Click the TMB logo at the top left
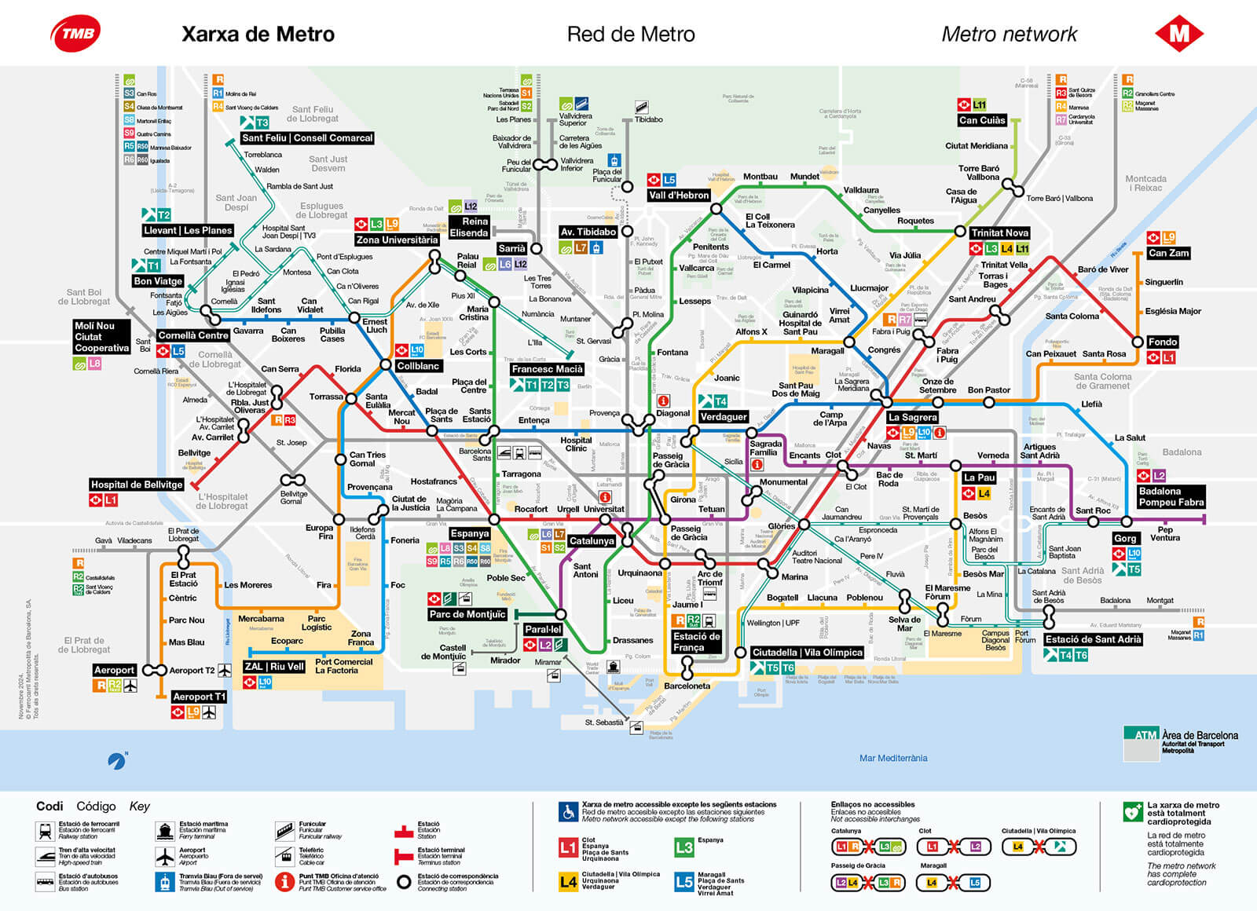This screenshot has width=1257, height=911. pyautogui.click(x=75, y=34)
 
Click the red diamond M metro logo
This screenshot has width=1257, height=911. pyautogui.click(x=1179, y=34)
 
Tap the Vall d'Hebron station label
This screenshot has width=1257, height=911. pyautogui.click(x=680, y=195)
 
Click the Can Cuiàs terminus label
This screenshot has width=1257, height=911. pyautogui.click(x=982, y=120)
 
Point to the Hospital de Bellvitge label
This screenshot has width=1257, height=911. pyautogui.click(x=137, y=485)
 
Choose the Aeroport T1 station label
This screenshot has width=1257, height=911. pyautogui.click(x=199, y=697)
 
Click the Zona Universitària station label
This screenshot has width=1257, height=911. pyautogui.click(x=397, y=240)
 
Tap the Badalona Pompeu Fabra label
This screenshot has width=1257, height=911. pyautogui.click(x=1171, y=496)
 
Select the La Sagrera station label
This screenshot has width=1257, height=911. pyautogui.click(x=912, y=417)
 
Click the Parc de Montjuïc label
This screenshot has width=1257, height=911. pyautogui.click(x=467, y=614)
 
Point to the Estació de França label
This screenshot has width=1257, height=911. pyautogui.click(x=696, y=642)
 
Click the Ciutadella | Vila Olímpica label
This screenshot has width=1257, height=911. pyautogui.click(x=807, y=653)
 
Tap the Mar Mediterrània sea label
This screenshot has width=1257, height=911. pyautogui.click(x=892, y=758)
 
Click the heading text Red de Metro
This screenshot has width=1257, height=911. pyautogui.click(x=631, y=35)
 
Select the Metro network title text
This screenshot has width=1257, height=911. pyautogui.click(x=1010, y=35)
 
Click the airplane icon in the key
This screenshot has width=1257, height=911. pyautogui.click(x=164, y=856)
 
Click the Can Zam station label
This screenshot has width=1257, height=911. pyautogui.click(x=1168, y=253)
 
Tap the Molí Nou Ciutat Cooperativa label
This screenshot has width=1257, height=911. pyautogui.click(x=101, y=337)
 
